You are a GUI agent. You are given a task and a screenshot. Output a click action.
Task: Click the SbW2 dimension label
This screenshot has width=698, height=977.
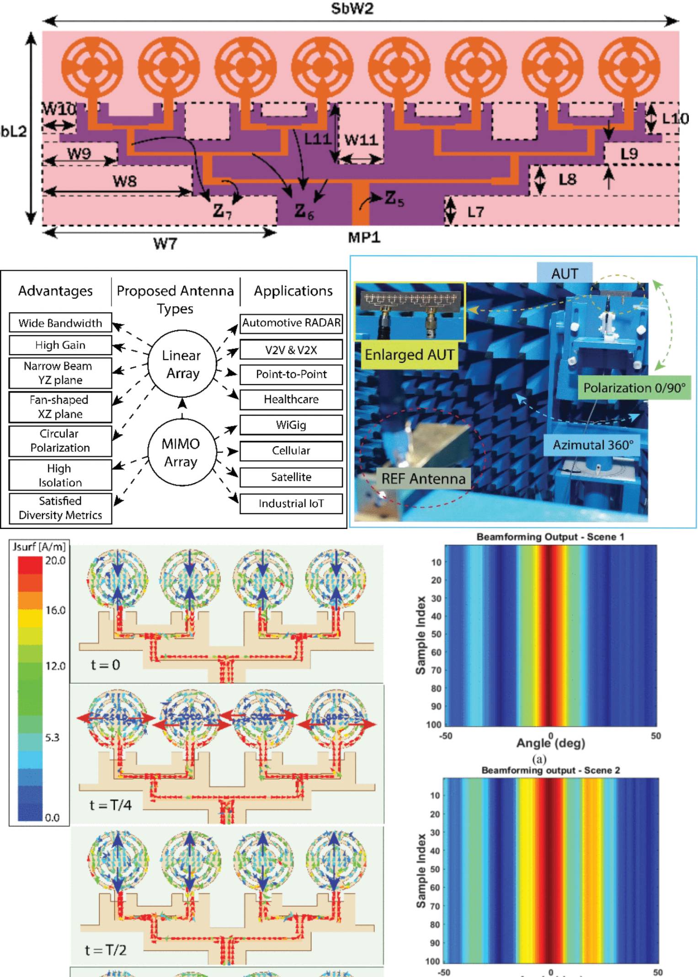point(352,9)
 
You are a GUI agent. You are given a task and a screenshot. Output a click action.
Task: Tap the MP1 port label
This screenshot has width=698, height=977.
point(364,237)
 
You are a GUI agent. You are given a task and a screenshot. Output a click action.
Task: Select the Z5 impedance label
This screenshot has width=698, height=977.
point(394,198)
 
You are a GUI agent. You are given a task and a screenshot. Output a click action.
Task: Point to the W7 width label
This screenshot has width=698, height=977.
point(165,243)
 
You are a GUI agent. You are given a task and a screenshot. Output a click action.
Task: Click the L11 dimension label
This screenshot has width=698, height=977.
point(317,139)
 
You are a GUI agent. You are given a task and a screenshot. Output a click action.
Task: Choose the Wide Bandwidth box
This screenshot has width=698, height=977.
point(60,323)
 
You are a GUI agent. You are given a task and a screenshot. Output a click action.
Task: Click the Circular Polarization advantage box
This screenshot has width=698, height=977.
point(60,441)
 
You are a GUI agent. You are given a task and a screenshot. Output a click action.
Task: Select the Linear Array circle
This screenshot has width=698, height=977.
point(182,364)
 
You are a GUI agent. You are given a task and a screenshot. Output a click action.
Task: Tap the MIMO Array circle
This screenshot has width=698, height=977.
point(181,452)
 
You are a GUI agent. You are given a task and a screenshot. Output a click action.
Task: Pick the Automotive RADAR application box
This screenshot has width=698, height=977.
point(291,323)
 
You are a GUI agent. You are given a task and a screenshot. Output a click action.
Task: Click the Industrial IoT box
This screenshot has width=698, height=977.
point(291,503)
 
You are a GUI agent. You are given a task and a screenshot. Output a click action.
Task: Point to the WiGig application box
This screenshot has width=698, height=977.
point(291,425)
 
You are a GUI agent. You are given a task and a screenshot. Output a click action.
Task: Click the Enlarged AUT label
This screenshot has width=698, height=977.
point(410,355)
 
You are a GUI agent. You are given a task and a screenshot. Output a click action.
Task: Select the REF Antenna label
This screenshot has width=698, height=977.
point(423,479)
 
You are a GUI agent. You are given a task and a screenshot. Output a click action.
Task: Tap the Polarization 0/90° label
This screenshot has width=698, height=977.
point(634,388)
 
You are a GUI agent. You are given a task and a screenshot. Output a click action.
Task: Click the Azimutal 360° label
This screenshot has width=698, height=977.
point(593,445)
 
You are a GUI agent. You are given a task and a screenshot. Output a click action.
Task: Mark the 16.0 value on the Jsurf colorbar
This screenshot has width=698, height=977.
point(55,610)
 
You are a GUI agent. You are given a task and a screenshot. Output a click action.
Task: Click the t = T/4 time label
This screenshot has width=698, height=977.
point(111,805)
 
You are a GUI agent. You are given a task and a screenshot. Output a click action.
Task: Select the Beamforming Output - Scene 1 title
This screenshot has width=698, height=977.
point(550,537)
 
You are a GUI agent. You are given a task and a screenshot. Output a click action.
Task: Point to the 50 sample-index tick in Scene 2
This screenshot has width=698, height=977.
point(435,869)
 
